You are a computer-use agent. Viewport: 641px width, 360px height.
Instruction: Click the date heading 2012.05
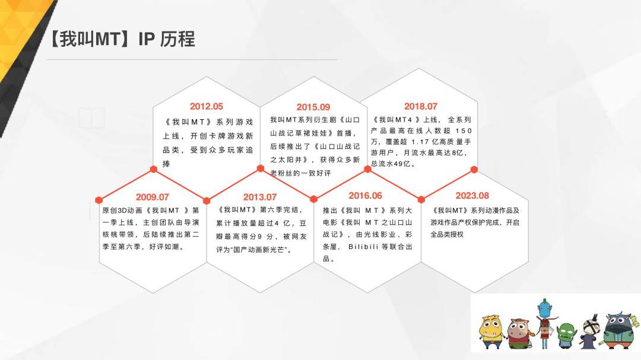pyautogui.click(x=207, y=107)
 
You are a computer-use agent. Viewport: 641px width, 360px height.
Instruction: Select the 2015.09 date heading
pyautogui.click(x=313, y=107)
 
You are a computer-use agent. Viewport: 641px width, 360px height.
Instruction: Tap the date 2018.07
pyautogui.click(x=421, y=107)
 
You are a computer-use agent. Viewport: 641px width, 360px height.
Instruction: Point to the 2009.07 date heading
pyautogui.click(x=153, y=197)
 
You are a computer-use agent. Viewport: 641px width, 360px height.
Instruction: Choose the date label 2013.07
pyautogui.click(x=260, y=197)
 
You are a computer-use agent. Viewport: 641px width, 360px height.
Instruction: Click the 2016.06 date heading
pyautogui.click(x=366, y=196)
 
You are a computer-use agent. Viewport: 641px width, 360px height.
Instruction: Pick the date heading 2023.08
pyautogui.click(x=472, y=196)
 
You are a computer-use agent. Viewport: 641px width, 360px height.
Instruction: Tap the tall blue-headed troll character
pyautogui.click(x=544, y=323)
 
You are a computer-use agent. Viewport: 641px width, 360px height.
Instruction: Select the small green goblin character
pyautogui.click(x=567, y=336)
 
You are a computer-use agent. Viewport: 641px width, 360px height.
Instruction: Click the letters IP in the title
pyautogui.click(x=147, y=39)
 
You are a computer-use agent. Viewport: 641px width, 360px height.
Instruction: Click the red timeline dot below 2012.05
pyautogui.click(x=154, y=169)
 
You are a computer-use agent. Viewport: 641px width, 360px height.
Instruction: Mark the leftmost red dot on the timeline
pyautogui.click(x=99, y=199)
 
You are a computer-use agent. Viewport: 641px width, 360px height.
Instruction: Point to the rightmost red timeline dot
pyautogui.click(x=474, y=170)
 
